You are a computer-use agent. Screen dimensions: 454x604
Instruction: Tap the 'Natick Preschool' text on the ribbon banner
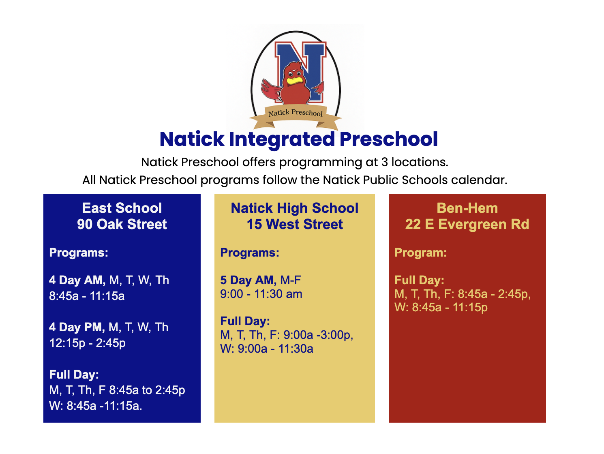click(295, 113)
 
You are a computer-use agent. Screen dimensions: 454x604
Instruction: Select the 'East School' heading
click(122, 208)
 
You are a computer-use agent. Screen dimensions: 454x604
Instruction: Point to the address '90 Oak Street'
click(122, 224)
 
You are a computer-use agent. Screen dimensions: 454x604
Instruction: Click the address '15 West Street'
click(295, 224)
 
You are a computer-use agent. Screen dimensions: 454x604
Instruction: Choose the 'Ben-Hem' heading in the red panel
click(467, 208)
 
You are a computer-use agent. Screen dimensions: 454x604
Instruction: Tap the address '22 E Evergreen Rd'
click(467, 224)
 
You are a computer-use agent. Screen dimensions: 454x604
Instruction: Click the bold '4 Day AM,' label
click(77, 280)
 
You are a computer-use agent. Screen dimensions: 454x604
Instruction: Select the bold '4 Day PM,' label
click(77, 327)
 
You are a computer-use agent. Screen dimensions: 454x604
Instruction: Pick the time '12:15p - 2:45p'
click(87, 343)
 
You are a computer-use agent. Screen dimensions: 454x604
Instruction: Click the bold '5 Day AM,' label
click(248, 280)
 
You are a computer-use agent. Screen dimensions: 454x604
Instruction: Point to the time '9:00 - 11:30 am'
click(261, 294)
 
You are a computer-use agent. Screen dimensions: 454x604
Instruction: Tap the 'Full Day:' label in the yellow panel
click(245, 321)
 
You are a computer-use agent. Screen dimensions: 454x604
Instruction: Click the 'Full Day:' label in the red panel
click(419, 280)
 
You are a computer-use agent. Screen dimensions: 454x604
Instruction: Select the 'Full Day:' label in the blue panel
click(74, 374)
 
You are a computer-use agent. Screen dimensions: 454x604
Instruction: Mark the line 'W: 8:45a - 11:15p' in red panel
click(441, 307)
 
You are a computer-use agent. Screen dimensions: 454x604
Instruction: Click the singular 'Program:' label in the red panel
click(420, 253)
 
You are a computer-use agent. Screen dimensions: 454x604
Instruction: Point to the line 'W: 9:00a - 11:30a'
click(266, 349)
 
